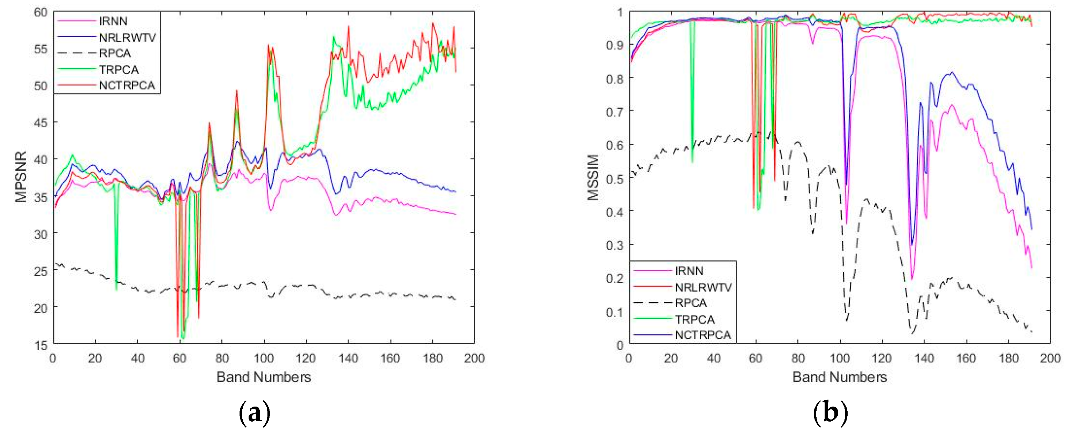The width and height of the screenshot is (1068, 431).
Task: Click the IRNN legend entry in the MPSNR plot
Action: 113,21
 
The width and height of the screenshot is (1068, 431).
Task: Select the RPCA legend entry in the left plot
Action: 114,53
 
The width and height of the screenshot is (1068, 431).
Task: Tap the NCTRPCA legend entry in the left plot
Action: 127,85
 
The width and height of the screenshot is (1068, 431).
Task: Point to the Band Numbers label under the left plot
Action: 264,377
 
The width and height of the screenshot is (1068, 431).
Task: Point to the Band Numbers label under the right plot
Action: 840,377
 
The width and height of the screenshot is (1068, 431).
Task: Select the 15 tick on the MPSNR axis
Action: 41,345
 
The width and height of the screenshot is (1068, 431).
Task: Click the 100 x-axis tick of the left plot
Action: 264,358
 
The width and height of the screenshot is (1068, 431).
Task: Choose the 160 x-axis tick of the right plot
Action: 966,358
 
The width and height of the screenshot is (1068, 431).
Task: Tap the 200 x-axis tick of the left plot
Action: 474,358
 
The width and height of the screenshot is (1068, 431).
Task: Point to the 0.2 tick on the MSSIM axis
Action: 614,278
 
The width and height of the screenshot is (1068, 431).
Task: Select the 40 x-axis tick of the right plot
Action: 713,358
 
